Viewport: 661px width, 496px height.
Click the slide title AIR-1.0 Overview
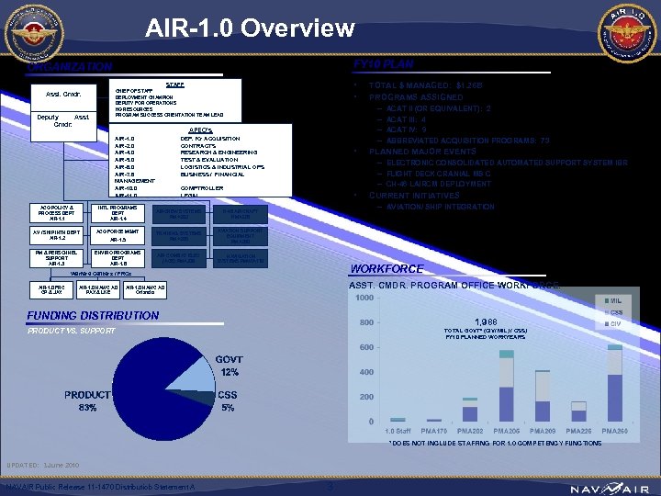coord(250,28)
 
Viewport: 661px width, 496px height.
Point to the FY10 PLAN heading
coord(384,64)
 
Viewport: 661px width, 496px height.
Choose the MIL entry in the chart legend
coord(612,300)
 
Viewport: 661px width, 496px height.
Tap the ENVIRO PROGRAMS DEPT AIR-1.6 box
coord(118,258)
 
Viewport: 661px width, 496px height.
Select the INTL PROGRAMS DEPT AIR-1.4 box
coord(118,213)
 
